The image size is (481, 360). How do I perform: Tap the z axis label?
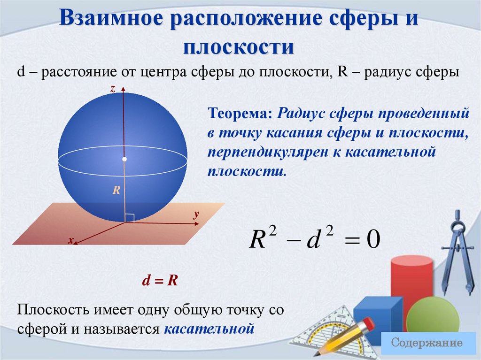(x=113, y=88)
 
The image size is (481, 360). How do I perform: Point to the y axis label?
(x=196, y=214)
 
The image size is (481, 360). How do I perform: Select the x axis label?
(x=71, y=240)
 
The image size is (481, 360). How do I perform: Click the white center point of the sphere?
(x=124, y=160)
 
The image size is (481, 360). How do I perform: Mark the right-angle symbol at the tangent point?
(x=130, y=218)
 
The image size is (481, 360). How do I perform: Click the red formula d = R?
(x=160, y=281)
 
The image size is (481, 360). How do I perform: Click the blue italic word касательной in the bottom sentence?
(x=209, y=328)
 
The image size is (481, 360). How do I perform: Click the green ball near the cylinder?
(x=433, y=315)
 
